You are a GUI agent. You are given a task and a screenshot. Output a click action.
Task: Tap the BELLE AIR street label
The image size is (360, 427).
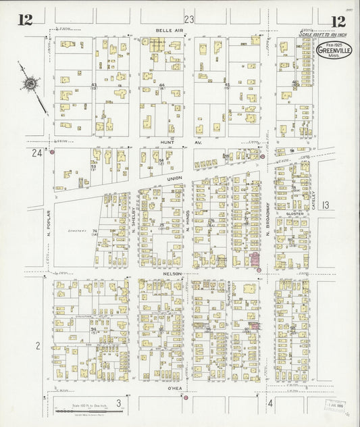(166, 30)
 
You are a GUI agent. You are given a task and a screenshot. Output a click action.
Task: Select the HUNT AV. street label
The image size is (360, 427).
(168, 143)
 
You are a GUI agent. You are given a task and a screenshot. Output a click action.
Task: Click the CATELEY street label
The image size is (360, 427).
(314, 199)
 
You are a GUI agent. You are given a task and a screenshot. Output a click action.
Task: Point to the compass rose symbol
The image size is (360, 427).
(30, 84)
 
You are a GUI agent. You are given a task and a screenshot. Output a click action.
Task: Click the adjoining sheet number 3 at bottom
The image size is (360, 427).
(119, 403)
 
